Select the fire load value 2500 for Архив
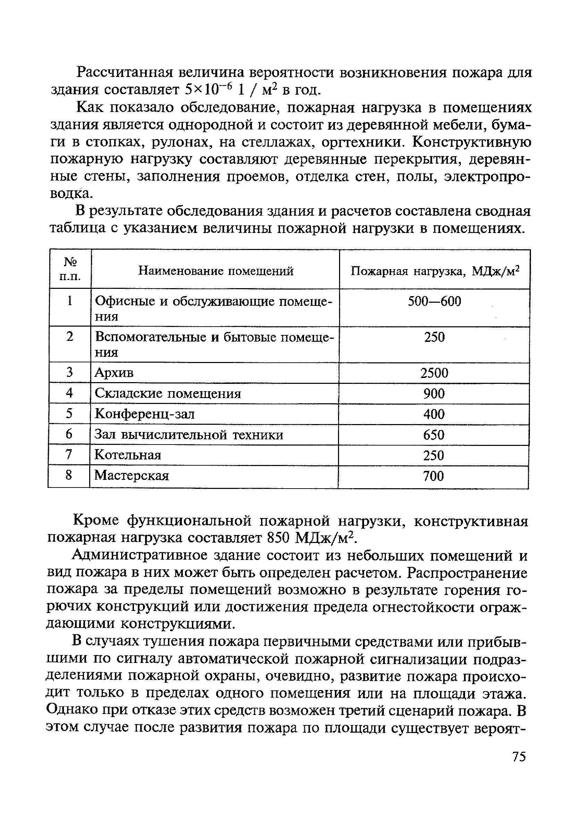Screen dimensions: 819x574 pos(434,373)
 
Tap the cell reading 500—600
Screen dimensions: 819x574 pos(434,301)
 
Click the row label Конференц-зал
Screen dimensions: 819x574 pos(145,414)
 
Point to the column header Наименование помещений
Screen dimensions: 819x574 pos(216,271)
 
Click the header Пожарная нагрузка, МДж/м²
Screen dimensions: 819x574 pos(434,271)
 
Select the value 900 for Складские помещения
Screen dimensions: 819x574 pos(434,394)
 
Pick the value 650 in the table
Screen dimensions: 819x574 pos(434,434)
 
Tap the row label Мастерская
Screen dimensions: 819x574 pos(132,475)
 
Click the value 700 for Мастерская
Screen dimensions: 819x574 pos(433,476)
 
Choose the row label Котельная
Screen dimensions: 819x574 pos(128,455)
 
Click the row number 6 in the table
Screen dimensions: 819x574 pos(69,434)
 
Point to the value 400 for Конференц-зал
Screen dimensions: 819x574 pos(434,414)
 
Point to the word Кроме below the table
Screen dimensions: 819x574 pos(96,521)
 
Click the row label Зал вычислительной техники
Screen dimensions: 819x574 pos(189,434)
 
